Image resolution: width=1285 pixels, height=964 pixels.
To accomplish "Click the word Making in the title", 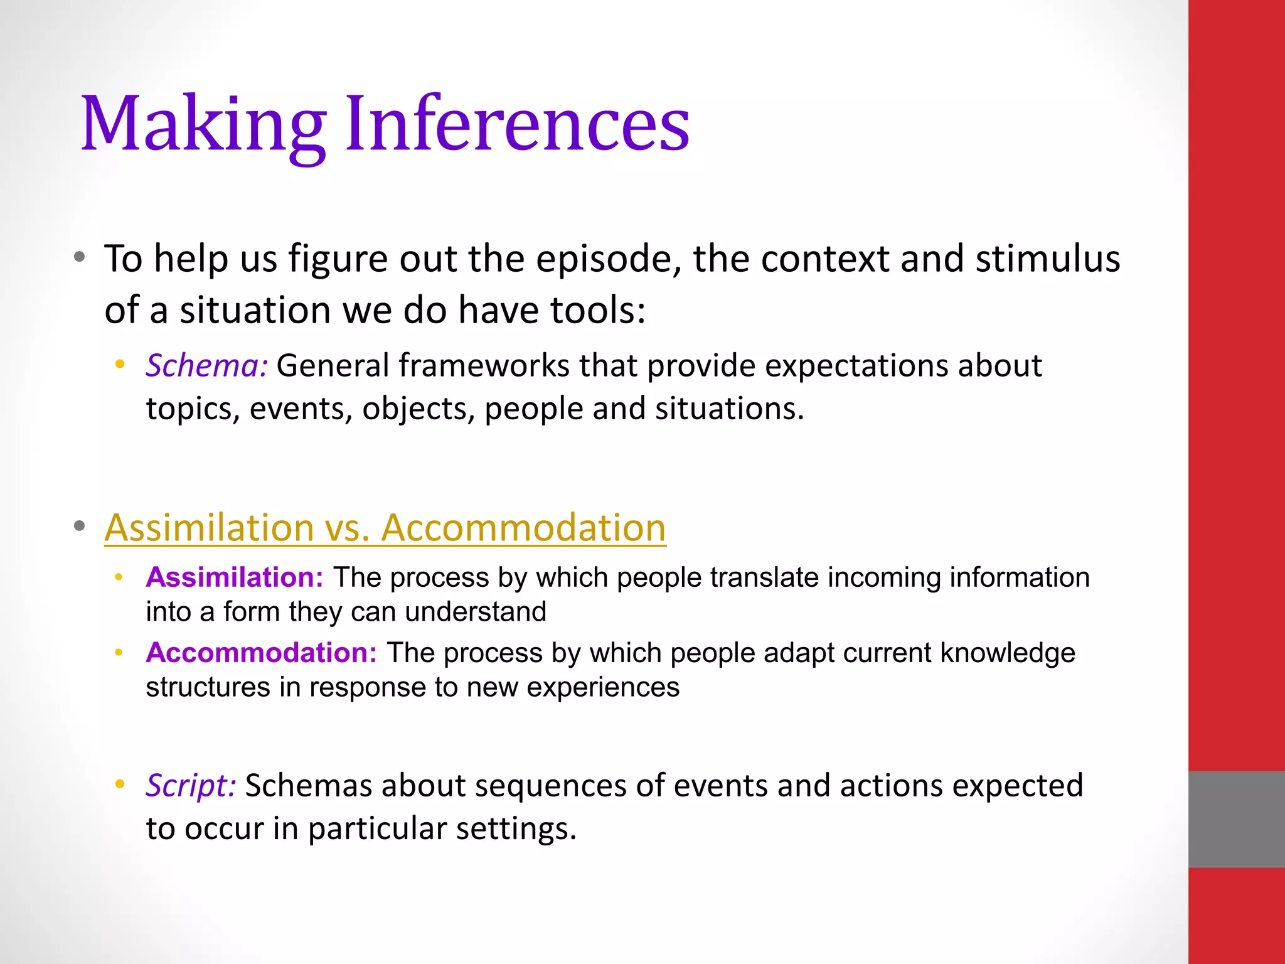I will pos(203,124).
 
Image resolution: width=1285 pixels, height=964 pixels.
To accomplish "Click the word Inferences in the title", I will pos(517,124).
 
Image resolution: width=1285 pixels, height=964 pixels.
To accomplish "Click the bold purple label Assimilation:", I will pos(234,577).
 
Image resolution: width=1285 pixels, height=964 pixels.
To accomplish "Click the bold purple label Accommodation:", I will pos(261,653).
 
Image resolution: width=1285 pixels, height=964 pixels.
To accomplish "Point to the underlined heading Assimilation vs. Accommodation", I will pos(385,527).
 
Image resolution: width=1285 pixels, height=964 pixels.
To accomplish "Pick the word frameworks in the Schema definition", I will pos(483,366).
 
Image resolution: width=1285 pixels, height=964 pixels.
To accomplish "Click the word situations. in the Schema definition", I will pos(729,409).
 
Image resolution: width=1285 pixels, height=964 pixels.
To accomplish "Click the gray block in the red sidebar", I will pos(1236,819).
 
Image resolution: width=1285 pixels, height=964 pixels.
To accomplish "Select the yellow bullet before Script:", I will pos(120,784).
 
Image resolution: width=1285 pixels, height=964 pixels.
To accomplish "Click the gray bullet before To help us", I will pos(79,257).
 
